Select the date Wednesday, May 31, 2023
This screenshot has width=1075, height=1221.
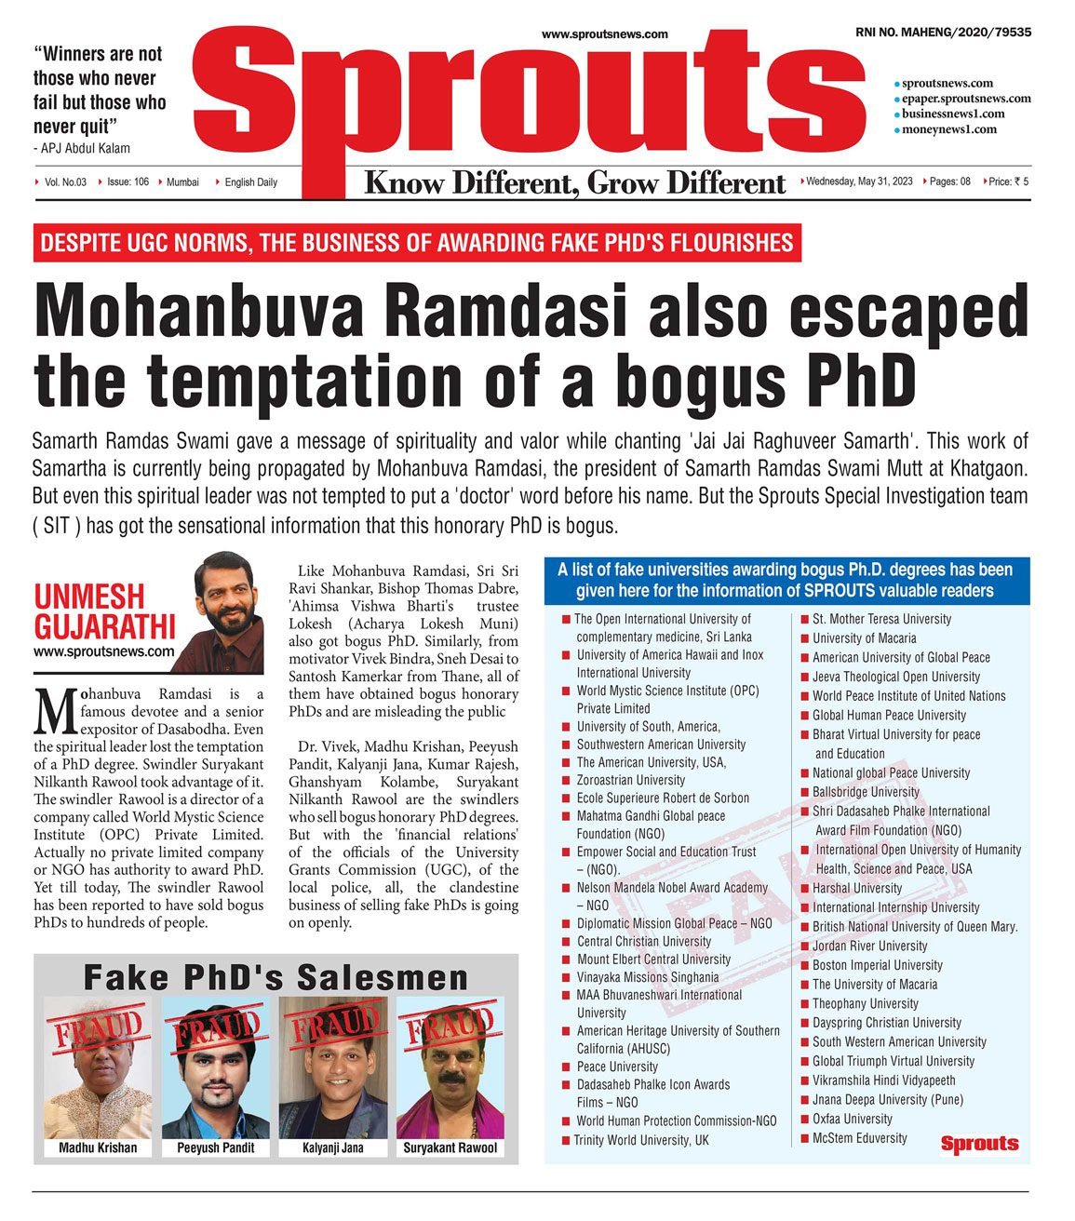click(859, 181)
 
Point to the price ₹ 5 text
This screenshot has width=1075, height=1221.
click(1008, 181)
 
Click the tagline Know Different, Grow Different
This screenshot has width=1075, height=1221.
click(574, 182)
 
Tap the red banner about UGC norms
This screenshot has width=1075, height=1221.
click(417, 244)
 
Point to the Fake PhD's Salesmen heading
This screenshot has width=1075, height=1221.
click(275, 977)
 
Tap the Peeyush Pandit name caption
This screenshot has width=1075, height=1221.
click(216, 1148)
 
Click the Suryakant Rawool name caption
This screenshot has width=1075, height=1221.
click(450, 1148)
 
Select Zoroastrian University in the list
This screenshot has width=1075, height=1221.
click(630, 780)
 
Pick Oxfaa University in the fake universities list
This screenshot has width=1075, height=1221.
click(852, 1119)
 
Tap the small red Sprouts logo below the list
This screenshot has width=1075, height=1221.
click(979, 1144)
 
